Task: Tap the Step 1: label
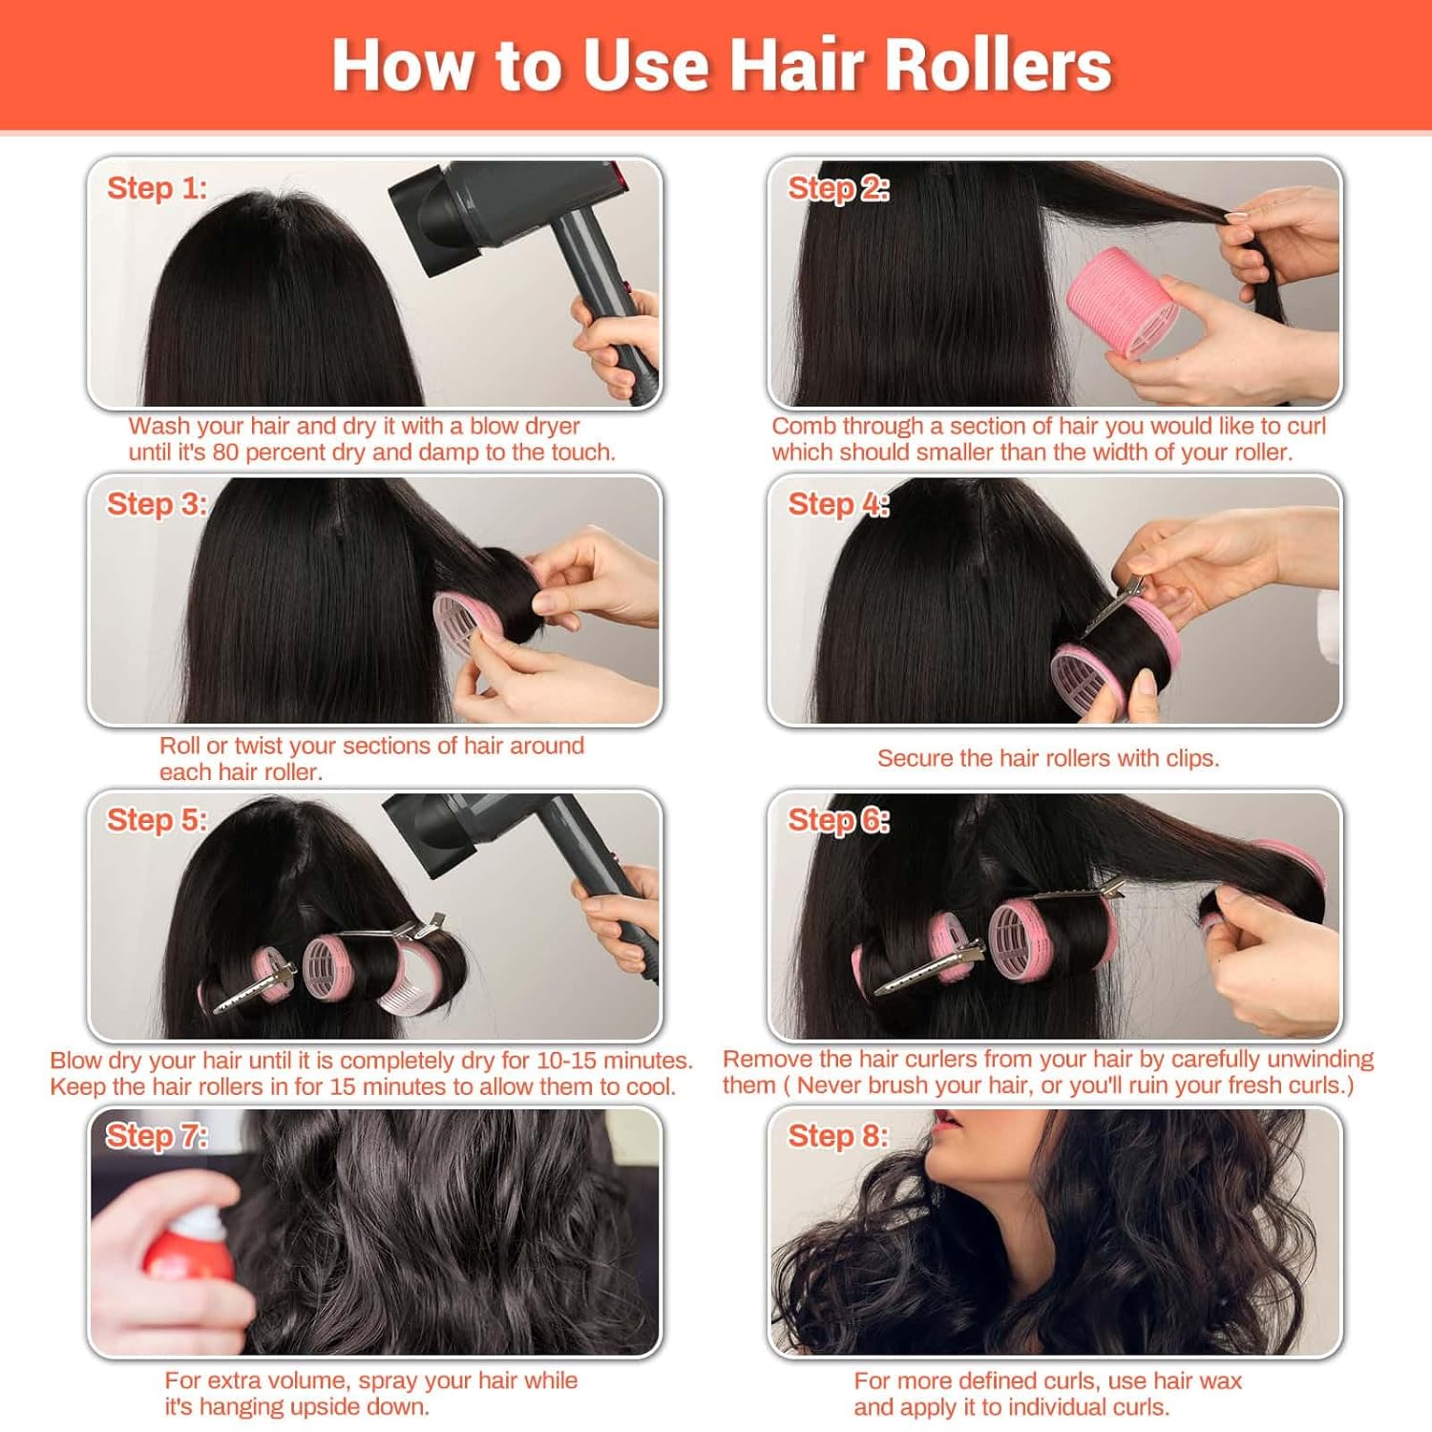tap(157, 188)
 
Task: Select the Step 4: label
tap(838, 504)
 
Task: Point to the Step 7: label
tap(157, 1136)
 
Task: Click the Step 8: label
tap(837, 1136)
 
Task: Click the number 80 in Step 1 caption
tap(225, 453)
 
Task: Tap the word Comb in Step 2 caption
tap(800, 427)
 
